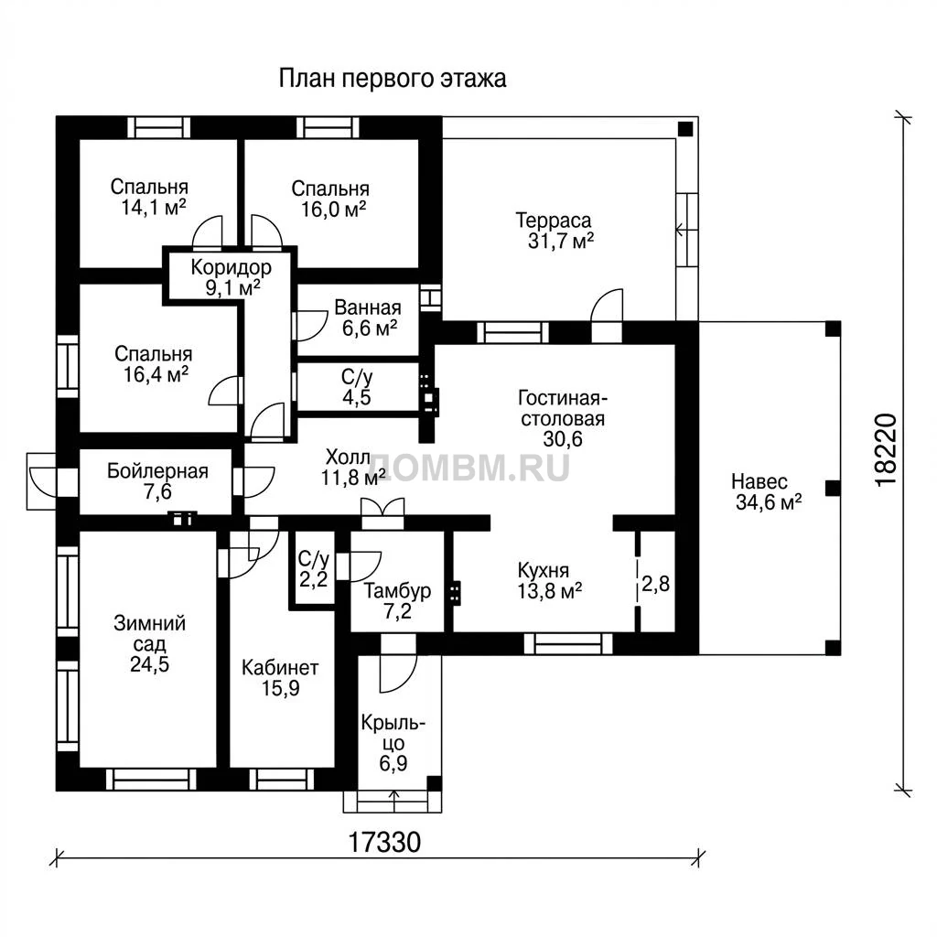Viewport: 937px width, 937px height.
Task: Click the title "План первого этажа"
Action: tap(393, 79)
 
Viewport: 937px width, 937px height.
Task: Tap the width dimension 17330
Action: tap(384, 843)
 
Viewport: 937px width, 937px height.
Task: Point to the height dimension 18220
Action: tap(886, 450)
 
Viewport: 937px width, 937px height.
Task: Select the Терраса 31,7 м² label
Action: tap(554, 231)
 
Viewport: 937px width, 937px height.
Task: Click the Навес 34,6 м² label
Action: tap(768, 491)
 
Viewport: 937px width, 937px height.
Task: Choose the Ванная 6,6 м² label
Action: tap(368, 318)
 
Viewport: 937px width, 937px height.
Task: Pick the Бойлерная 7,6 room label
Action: tap(157, 481)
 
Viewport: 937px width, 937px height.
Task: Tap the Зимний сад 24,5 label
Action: tap(150, 643)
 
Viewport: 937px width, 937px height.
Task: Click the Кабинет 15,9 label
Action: tap(280, 678)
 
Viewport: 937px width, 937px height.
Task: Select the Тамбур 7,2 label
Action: tap(397, 601)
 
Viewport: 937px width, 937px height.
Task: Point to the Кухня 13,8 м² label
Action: tap(549, 581)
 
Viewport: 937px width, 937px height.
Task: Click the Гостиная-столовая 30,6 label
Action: tap(563, 418)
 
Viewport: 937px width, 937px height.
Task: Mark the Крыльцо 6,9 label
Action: tap(393, 743)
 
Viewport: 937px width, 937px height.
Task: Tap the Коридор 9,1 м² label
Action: tap(232, 277)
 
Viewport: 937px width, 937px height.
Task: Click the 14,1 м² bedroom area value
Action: tap(154, 208)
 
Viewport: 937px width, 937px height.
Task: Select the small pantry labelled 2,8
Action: tap(655, 583)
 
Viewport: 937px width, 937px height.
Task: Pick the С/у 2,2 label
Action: tap(313, 569)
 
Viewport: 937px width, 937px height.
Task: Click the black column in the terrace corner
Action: tap(684, 128)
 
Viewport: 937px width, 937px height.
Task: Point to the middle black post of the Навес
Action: tap(833, 489)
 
